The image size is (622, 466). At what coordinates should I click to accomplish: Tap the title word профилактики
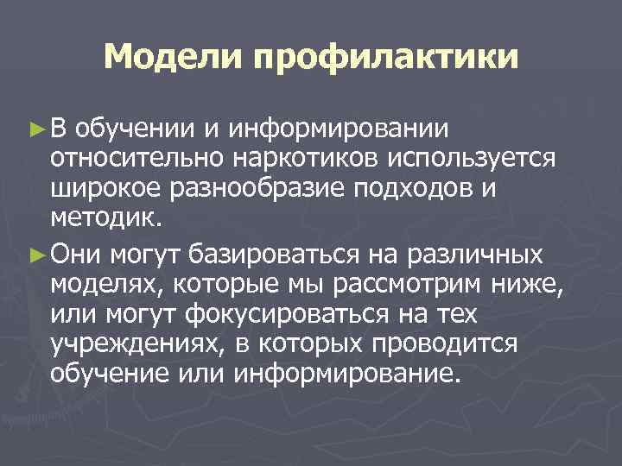[385, 60]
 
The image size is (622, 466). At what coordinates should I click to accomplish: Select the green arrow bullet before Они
[35, 255]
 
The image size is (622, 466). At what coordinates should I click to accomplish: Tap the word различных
[484, 255]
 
